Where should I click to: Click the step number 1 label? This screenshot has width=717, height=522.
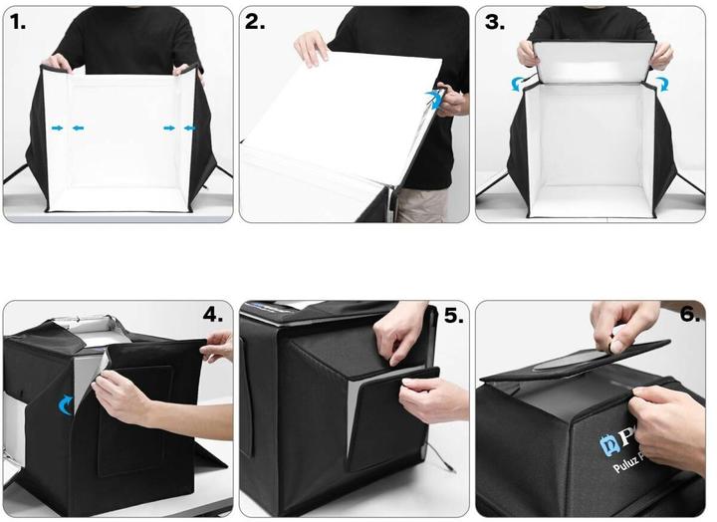tap(17, 23)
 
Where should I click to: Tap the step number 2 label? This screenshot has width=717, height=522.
tap(255, 23)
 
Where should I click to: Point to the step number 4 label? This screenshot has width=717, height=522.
tap(213, 315)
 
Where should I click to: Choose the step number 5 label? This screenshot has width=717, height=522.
tap(453, 316)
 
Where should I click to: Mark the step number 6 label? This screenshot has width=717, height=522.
tap(691, 315)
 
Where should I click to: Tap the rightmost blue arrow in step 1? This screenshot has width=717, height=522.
tap(190, 129)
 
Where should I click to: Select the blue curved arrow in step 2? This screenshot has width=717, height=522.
tap(433, 98)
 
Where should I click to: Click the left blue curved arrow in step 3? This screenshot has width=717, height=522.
tap(517, 85)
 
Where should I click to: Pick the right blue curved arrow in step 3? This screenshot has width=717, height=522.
tap(658, 84)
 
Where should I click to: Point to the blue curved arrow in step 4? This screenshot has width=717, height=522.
tap(68, 403)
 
